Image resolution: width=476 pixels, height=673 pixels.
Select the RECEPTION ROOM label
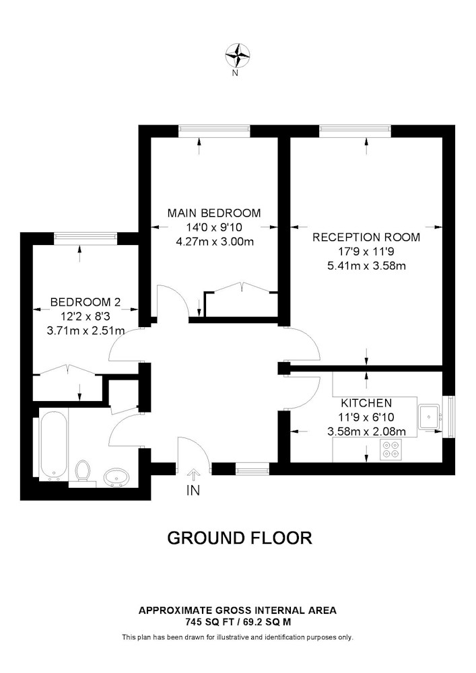click(366, 237)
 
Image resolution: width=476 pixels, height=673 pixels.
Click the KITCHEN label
click(366, 403)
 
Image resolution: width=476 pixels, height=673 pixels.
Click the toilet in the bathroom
click(83, 470)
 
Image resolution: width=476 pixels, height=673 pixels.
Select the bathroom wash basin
click(116, 476)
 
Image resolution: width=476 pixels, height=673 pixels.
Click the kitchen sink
click(430, 417)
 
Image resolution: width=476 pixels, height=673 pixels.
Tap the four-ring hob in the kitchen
click(390, 449)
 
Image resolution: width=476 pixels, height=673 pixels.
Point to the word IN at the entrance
click(193, 491)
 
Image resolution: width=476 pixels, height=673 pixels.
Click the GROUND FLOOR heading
click(239, 538)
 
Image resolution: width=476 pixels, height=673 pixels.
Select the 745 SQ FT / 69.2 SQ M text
click(238, 622)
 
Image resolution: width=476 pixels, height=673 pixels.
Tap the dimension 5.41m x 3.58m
click(366, 265)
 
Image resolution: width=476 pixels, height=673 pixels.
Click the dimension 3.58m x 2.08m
click(366, 431)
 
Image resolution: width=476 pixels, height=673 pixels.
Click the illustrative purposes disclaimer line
click(238, 637)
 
